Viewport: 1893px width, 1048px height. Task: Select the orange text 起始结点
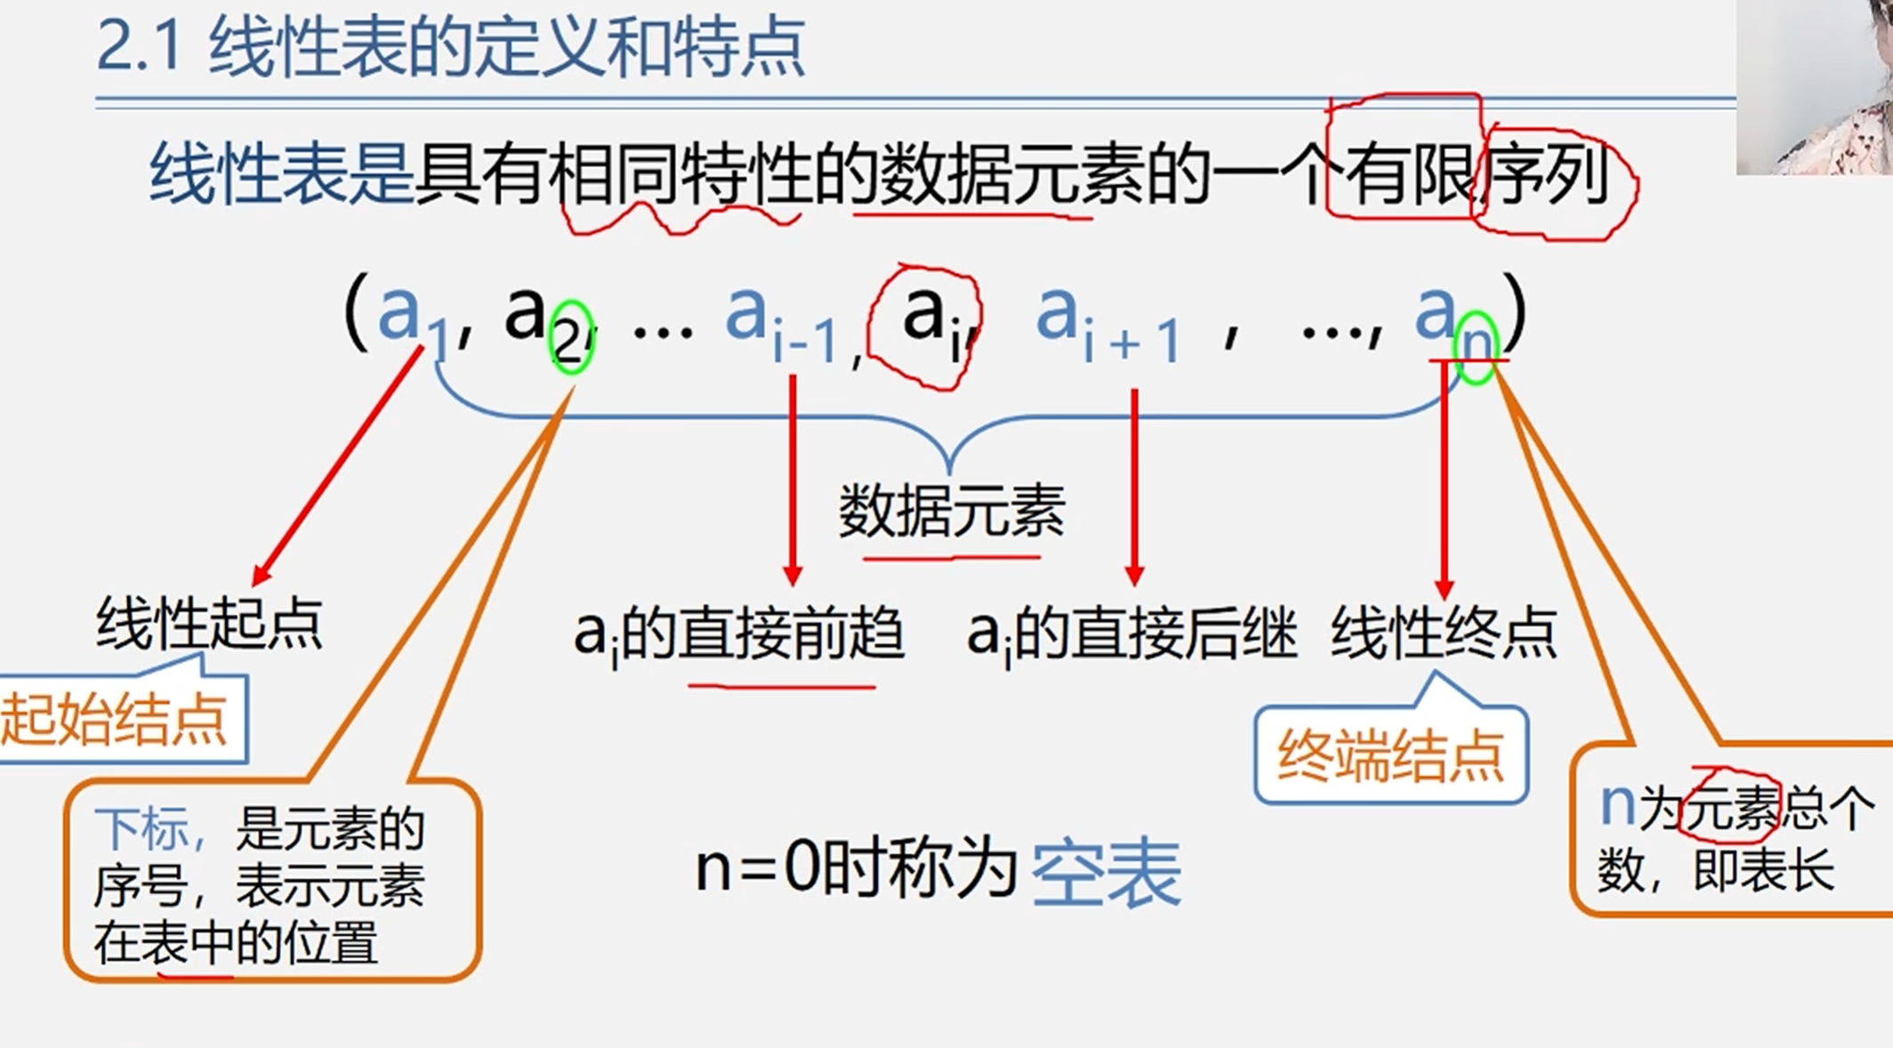114,719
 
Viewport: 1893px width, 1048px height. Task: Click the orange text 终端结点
1390,756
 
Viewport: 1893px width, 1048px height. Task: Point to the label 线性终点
1444,633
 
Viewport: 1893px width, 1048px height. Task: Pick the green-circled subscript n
1476,344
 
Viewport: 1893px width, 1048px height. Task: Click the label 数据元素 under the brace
951,512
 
